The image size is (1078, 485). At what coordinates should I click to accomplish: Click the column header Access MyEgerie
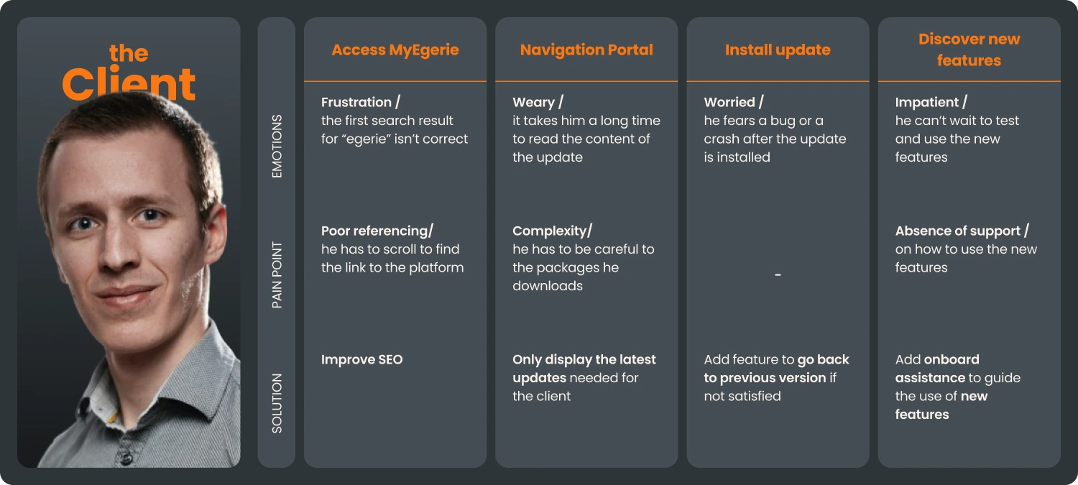395,50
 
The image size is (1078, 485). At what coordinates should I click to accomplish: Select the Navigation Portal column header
586,50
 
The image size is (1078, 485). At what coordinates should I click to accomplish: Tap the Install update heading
778,50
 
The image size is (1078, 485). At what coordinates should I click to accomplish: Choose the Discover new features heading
969,50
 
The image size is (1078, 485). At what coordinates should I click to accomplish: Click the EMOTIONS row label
277,146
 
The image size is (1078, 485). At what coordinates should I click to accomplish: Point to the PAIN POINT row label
277,275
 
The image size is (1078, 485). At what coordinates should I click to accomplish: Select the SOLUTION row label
277,403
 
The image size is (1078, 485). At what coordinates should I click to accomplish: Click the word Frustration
356,102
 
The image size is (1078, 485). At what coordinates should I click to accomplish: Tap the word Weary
533,102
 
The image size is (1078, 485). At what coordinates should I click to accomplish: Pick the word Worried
729,102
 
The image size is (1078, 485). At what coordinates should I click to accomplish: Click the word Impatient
926,102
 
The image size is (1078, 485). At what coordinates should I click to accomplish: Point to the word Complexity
549,231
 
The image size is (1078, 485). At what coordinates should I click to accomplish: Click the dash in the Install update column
778,274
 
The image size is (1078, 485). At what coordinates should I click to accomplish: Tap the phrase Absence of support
957,231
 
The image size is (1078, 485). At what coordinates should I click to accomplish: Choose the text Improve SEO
361,359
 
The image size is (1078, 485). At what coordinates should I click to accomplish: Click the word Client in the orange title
129,84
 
